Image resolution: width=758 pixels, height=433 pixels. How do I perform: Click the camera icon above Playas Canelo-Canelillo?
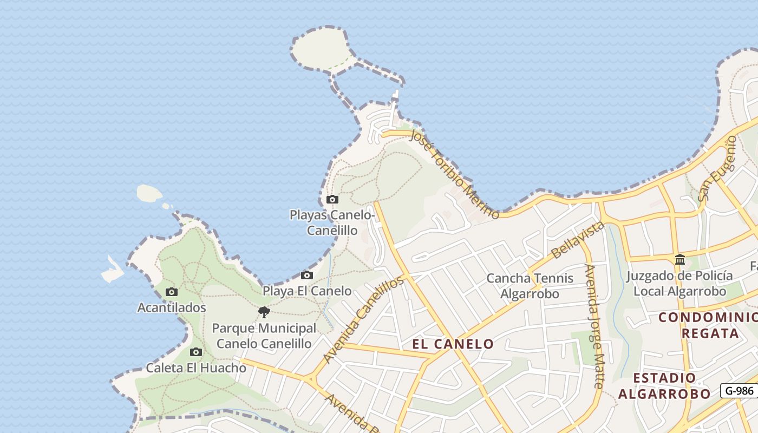coord(332,200)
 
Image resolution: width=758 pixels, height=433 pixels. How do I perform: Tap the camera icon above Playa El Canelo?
coord(307,275)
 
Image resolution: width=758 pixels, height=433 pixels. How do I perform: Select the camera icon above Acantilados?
coord(172,292)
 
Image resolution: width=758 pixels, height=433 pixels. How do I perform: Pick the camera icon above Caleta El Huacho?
coord(196,352)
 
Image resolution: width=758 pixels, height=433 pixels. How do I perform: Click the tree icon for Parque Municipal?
coord(264,312)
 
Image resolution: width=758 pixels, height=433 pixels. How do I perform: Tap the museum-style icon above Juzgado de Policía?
coord(680,260)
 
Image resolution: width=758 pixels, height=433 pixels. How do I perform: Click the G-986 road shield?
coord(739,390)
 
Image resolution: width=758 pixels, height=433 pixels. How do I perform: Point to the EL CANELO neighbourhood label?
coord(453,344)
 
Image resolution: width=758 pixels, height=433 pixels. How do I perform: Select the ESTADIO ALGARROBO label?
coord(664,386)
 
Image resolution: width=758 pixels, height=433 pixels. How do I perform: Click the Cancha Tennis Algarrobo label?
coord(530,286)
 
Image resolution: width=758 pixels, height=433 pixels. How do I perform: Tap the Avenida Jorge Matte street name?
coord(594,326)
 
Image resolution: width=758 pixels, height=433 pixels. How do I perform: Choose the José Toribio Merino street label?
coord(454,173)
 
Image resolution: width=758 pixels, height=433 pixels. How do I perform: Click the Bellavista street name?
coord(578,239)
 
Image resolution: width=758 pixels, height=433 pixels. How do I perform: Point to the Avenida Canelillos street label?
coord(364,319)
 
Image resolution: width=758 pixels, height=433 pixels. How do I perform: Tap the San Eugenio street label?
coord(717,168)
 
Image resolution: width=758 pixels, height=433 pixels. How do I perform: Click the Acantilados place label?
coord(172,307)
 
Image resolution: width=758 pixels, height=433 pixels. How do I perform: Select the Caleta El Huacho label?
coord(196,368)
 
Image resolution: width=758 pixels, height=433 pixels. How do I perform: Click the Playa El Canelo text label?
coord(307,291)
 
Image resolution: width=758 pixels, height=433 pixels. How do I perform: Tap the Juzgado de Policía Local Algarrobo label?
coord(679,283)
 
